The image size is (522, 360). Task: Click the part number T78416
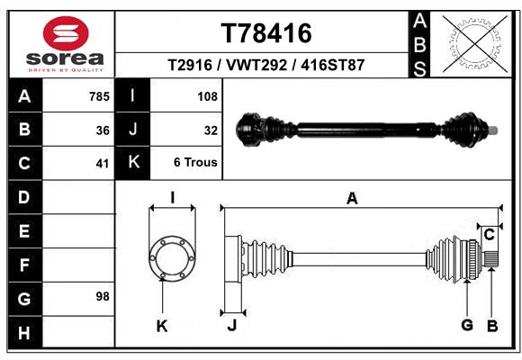coord(266,33)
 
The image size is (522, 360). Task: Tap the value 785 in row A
coord(99,95)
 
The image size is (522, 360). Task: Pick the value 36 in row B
coord(103,130)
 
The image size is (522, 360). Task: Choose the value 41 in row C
coord(103,164)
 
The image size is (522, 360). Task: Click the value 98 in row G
coord(102,296)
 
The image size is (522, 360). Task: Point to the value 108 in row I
coord(208,95)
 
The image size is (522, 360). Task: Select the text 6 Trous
coord(196,163)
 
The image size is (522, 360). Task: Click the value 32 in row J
coord(211,130)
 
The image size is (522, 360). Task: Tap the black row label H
coord(23,334)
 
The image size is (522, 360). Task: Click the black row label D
coord(23,196)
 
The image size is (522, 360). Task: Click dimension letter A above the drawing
coord(352,199)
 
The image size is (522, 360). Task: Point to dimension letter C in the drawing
coord(489,235)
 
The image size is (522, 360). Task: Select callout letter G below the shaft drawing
coord(466,324)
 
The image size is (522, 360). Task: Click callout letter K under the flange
coord(162,326)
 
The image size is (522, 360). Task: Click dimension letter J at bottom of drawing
coord(231,326)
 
